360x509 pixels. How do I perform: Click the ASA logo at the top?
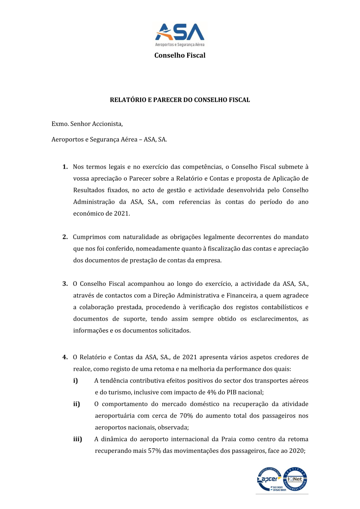[180, 35]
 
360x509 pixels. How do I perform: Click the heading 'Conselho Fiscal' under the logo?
[180, 55]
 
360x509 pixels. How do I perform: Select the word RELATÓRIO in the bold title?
[128, 100]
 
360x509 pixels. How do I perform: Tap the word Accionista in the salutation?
[107, 124]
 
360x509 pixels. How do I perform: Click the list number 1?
[65, 167]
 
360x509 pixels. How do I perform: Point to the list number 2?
[65, 237]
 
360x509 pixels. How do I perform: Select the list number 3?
[65, 284]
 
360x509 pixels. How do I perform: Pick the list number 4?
[65, 357]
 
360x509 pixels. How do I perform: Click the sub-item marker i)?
[76, 380]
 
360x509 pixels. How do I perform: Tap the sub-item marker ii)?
[77, 404]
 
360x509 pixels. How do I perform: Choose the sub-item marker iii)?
[78, 439]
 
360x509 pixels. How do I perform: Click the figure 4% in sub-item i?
[211, 392]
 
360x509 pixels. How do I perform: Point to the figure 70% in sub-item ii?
[186, 416]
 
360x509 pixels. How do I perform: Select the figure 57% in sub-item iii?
[154, 451]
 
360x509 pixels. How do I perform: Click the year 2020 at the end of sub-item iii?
[297, 451]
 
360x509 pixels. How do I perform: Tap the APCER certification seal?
[269, 479]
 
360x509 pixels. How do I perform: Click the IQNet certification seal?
[295, 479]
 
